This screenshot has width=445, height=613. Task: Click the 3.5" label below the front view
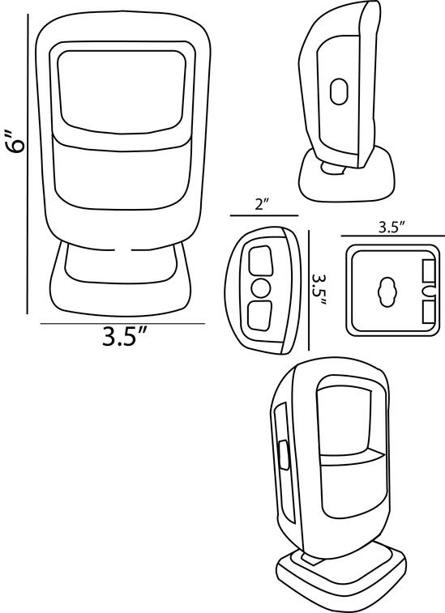(125, 336)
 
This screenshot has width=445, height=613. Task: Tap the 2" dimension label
(263, 204)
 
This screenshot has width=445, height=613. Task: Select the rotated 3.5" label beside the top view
(319, 289)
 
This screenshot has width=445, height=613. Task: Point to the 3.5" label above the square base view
(392, 228)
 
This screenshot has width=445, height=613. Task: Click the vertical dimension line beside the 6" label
(28, 164)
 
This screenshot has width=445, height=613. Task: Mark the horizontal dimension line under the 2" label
(264, 215)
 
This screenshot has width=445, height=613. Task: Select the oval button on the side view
(339, 92)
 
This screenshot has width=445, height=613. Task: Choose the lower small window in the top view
(260, 316)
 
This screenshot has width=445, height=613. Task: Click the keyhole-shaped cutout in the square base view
(387, 292)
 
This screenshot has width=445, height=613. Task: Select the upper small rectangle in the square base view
(429, 270)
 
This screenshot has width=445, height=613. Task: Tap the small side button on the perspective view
(283, 454)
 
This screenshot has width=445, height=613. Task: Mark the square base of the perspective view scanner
(340, 580)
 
